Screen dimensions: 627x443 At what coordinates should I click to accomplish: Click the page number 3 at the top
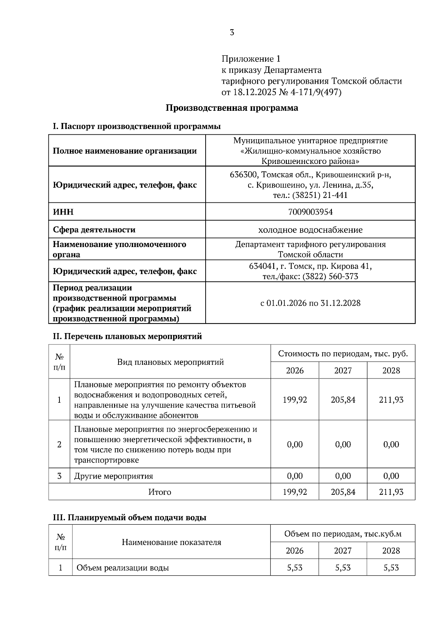click(232, 32)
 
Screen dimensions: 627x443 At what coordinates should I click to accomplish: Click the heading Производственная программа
click(232, 108)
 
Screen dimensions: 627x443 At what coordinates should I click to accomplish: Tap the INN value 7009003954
click(310, 212)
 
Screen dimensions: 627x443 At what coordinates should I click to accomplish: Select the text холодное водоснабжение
click(310, 230)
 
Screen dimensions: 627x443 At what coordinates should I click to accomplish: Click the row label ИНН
click(63, 212)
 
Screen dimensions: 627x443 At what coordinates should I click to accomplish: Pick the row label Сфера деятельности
click(94, 230)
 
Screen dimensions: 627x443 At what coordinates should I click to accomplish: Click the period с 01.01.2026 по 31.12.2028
click(310, 303)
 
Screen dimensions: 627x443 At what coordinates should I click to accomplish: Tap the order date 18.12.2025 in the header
click(254, 92)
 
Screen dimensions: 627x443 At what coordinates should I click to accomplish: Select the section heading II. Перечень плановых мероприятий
click(127, 336)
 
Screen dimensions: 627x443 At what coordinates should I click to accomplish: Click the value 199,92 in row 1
click(295, 400)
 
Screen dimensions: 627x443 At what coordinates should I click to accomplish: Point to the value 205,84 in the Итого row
click(343, 492)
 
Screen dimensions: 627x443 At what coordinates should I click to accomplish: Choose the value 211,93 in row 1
click(391, 400)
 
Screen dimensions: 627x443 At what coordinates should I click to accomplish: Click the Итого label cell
click(159, 492)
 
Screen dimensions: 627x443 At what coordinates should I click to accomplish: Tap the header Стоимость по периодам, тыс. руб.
click(343, 354)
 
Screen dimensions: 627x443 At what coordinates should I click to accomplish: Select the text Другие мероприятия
click(113, 476)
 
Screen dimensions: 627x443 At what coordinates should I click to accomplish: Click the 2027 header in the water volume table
click(343, 551)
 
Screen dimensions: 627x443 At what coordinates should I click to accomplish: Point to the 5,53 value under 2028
click(391, 568)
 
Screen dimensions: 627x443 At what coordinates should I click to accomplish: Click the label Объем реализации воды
click(123, 568)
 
